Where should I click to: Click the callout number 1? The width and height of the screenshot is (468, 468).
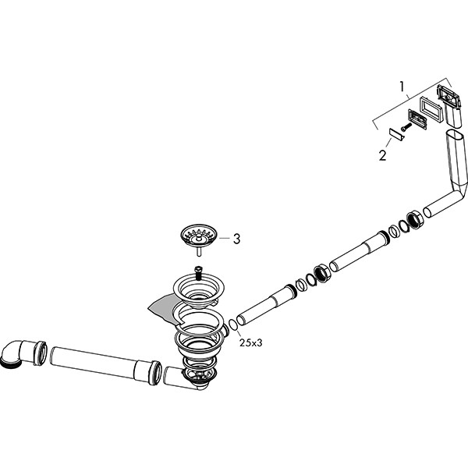402,87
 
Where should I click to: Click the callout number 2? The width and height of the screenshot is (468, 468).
383,155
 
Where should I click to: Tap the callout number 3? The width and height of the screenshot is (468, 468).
236,239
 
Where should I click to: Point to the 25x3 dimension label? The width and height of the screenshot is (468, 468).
250,343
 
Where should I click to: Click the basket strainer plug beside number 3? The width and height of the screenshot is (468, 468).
199,237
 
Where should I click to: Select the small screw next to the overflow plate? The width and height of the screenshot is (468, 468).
406,126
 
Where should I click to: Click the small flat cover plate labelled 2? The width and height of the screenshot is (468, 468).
396,135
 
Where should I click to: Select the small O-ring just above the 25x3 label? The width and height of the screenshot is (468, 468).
232,324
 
